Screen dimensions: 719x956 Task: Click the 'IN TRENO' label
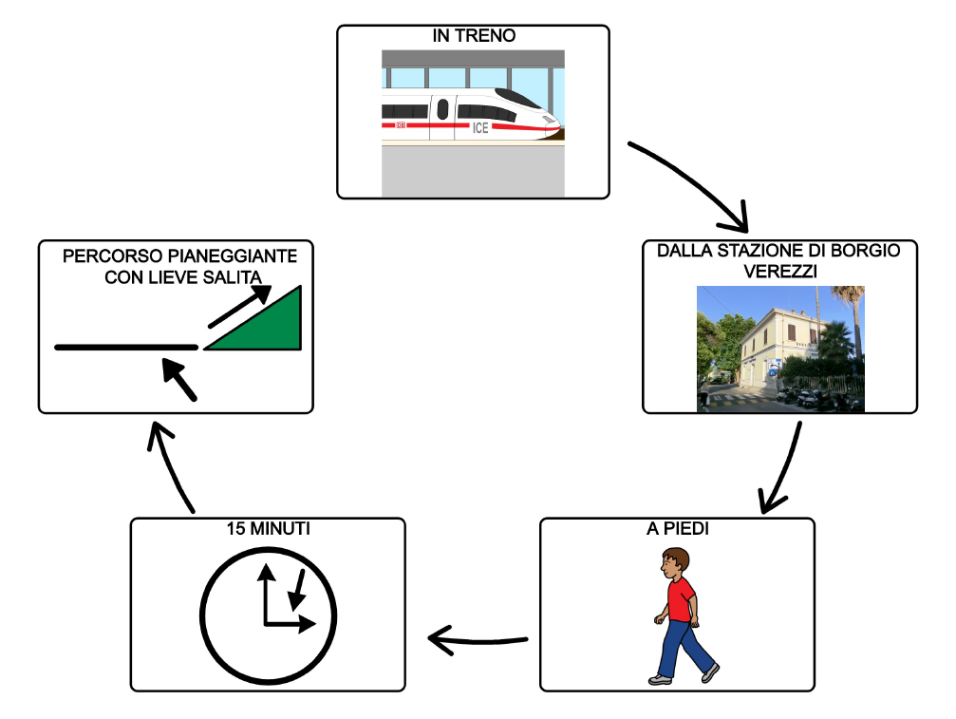point(473,37)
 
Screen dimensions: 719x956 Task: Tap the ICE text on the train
point(480,127)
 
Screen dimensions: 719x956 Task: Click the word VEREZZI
point(779,272)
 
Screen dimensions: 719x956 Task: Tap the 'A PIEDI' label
point(676,529)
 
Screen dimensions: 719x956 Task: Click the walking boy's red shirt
point(679,599)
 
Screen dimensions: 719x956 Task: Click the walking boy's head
point(676,561)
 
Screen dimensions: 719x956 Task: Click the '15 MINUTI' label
point(267,529)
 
